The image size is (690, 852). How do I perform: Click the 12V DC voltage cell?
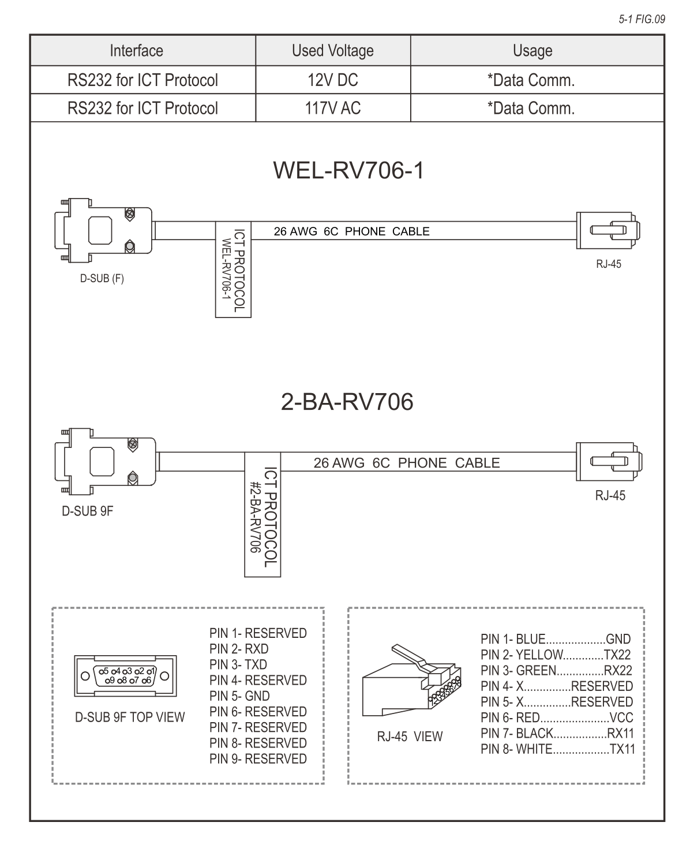click(332, 80)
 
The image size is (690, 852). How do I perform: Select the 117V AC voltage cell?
click(332, 108)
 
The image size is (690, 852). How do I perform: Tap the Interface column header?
click(136, 51)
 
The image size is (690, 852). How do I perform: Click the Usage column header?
click(532, 51)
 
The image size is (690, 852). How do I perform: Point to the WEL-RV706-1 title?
click(348, 171)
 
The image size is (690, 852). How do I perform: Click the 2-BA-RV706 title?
click(347, 402)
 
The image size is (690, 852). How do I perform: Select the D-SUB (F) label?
click(102, 279)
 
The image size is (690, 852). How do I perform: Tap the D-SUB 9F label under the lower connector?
click(87, 511)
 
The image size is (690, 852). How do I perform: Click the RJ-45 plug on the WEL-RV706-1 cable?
click(609, 231)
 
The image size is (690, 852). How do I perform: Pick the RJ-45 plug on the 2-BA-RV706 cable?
click(609, 462)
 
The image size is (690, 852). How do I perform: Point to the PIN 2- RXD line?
click(239, 649)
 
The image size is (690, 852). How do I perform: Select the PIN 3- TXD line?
click(238, 664)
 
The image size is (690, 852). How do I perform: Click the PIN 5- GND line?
click(239, 696)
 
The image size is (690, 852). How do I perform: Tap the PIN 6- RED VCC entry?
click(556, 718)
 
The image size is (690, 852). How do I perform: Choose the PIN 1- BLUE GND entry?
click(555, 639)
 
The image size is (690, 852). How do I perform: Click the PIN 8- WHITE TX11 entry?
click(557, 749)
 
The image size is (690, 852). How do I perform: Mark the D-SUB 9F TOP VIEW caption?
click(130, 718)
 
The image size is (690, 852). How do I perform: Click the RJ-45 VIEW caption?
click(410, 737)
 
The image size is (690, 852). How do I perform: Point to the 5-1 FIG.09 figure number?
click(642, 20)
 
